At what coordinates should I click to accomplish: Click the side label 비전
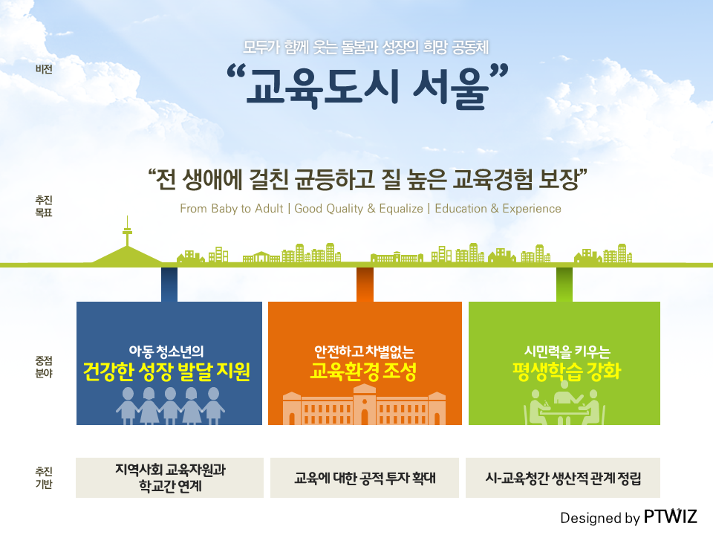pos(44,69)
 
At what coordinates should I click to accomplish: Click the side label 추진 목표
pos(44,206)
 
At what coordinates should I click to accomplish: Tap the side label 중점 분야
pos(44,367)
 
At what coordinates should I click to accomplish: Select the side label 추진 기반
pos(44,478)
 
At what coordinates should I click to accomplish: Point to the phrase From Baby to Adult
pos(232,208)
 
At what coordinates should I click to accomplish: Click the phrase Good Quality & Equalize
pos(359,208)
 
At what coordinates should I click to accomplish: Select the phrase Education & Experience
pos(498,208)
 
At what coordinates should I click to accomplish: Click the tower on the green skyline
pos(127,232)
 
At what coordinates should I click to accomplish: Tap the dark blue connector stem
pos(169,285)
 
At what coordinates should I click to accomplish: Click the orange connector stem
pos(365,285)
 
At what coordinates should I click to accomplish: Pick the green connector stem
pos(564,285)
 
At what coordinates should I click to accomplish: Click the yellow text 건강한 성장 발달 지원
pos(167,372)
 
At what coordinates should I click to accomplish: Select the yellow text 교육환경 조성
pos(363,372)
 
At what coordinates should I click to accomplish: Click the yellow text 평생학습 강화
pos(567,372)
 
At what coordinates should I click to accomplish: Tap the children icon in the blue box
pos(169,406)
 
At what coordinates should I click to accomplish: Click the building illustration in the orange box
pos(364,404)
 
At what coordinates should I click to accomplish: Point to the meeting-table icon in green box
pos(564,403)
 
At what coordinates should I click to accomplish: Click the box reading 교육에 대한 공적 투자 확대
pos(365,478)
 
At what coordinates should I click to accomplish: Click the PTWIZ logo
pos(670,517)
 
